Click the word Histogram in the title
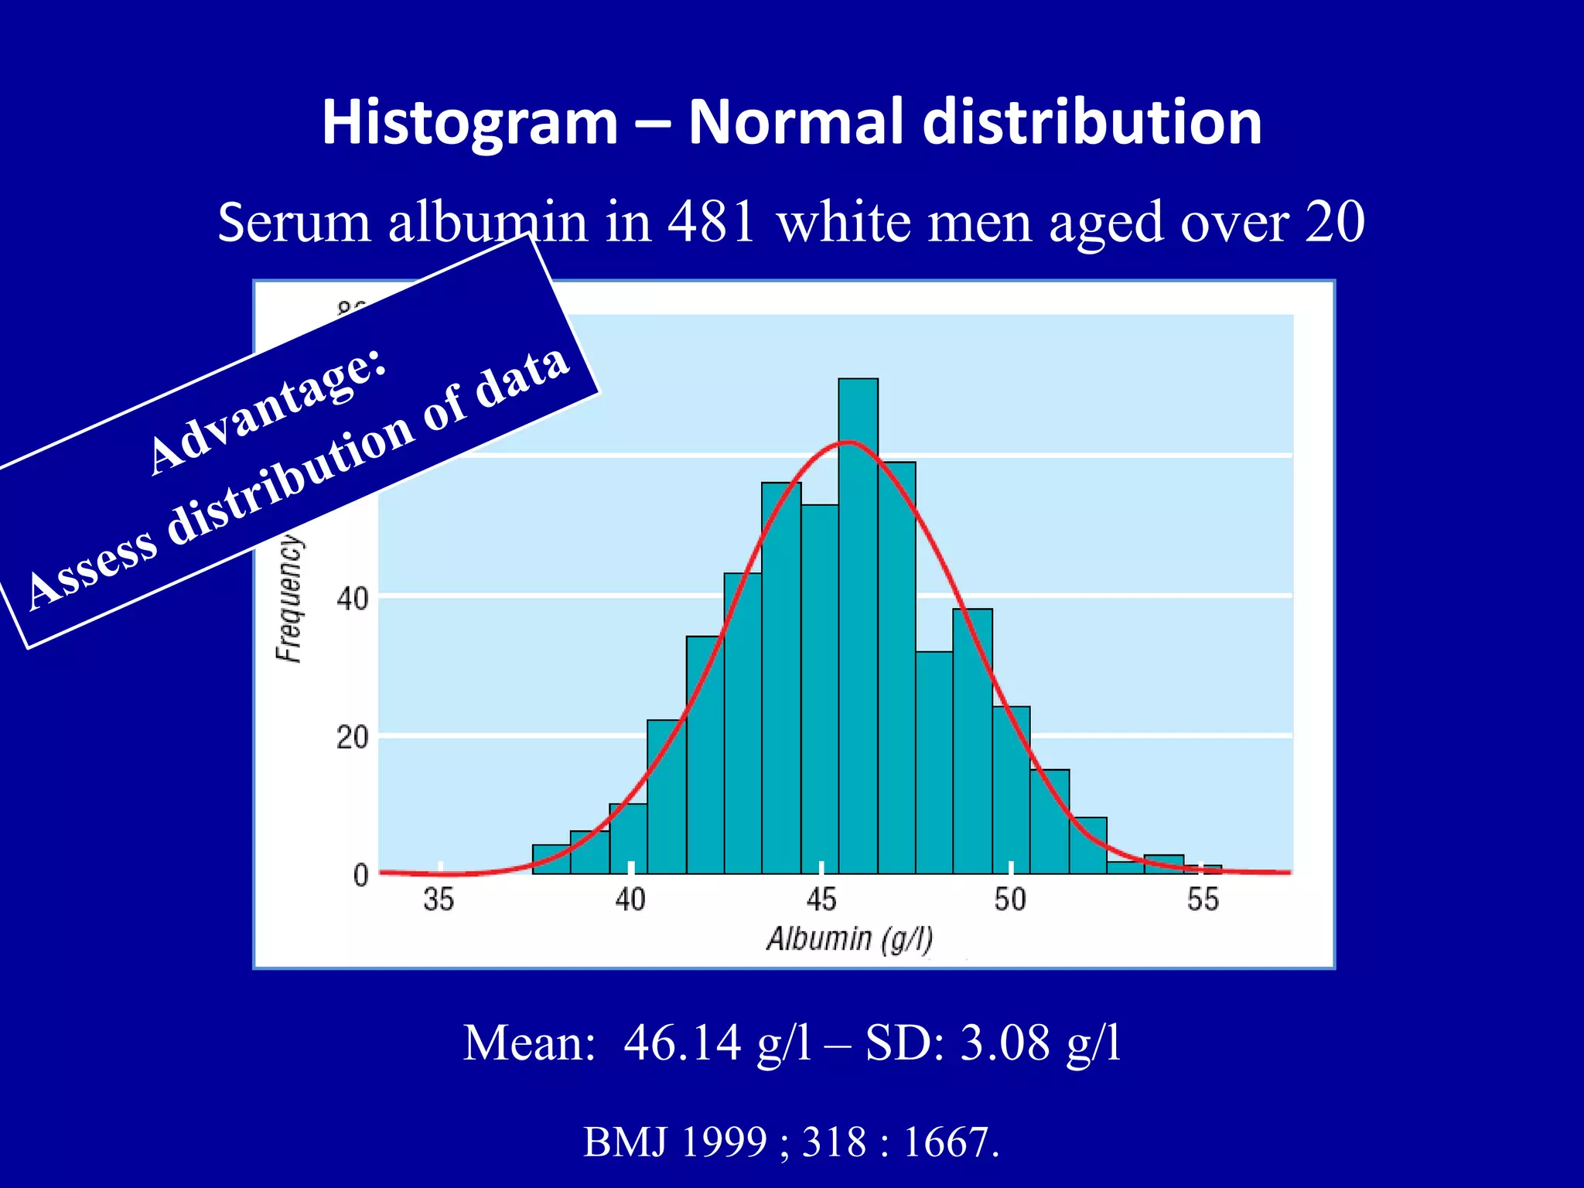click(x=469, y=122)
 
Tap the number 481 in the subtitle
click(x=711, y=222)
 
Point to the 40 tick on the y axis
click(x=352, y=598)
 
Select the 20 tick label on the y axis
click(x=352, y=737)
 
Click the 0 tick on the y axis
click(x=360, y=876)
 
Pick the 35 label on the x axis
click(x=439, y=900)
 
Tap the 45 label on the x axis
click(x=821, y=900)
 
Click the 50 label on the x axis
click(x=1010, y=900)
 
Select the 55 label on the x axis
click(x=1203, y=900)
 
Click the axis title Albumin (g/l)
click(x=849, y=939)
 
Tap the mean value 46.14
click(x=682, y=1043)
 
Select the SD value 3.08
click(x=1005, y=1043)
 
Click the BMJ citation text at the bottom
click(x=791, y=1142)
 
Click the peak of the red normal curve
click(x=849, y=442)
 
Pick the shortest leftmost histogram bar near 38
click(x=551, y=859)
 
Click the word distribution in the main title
click(x=1092, y=122)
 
